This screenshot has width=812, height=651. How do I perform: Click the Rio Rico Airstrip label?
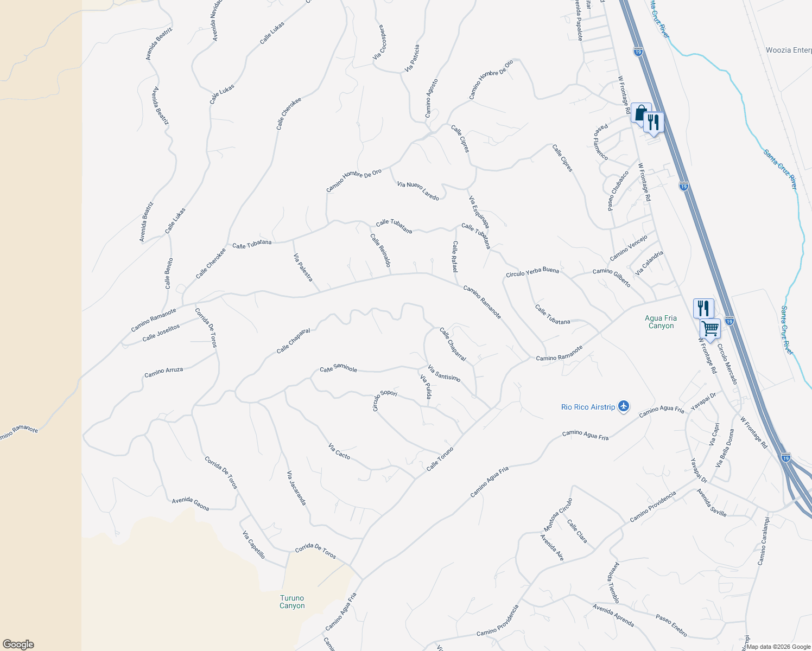(588, 407)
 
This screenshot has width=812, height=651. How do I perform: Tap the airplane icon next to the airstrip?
(624, 406)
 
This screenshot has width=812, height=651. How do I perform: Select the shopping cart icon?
(710, 328)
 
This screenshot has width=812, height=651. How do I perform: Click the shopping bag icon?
(640, 113)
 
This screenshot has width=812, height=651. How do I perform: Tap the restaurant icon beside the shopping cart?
(703, 308)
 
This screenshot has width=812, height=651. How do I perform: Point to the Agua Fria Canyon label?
(661, 322)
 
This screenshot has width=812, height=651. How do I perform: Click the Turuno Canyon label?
(292, 602)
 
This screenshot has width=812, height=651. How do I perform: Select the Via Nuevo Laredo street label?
(418, 191)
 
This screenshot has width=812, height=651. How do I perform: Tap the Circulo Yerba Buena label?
(532, 272)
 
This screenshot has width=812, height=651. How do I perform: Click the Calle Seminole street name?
(338, 368)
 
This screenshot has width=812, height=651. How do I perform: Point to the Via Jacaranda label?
(296, 488)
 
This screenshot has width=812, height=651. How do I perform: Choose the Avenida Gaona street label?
(191, 504)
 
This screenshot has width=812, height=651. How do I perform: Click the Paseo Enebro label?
(671, 626)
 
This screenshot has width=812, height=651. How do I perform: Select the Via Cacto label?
(339, 451)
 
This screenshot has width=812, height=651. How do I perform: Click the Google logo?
(18, 644)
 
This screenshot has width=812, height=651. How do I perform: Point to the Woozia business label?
(788, 50)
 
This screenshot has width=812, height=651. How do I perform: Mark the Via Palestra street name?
(303, 267)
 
